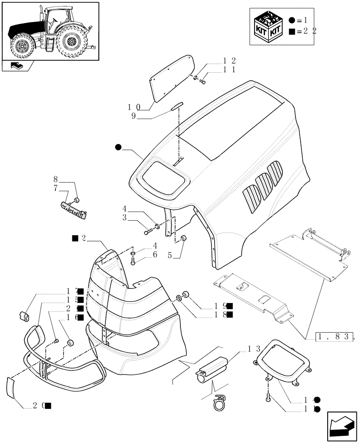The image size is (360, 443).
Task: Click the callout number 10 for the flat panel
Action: (134, 107)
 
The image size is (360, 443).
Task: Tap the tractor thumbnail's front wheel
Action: (21, 46)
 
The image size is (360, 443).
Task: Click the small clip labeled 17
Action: (25, 316)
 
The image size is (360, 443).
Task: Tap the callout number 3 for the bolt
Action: (125, 218)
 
